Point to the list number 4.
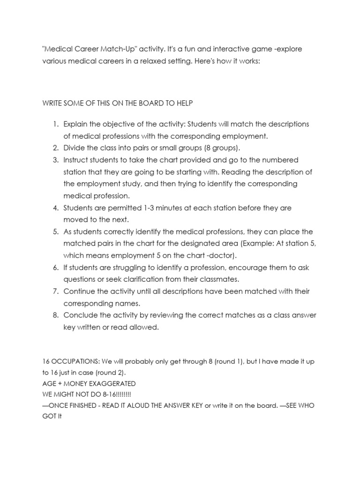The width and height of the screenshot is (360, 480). pyautogui.click(x=55, y=208)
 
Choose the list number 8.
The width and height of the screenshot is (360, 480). pyautogui.click(x=55, y=315)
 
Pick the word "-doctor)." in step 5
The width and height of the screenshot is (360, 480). pyautogui.click(x=223, y=255)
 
